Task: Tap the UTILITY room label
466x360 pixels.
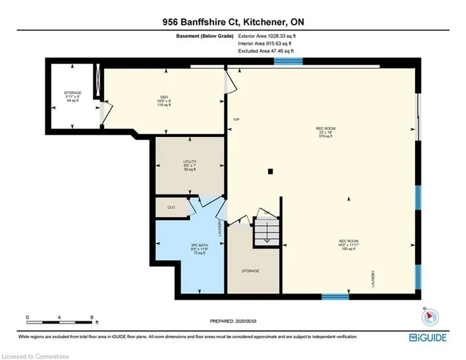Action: coord(189,165)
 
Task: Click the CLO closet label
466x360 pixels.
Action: coord(171,208)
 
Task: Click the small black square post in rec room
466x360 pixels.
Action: coord(269,172)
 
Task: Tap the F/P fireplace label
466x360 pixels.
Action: coord(236,119)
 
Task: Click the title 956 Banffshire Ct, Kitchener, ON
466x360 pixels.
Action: coord(232,22)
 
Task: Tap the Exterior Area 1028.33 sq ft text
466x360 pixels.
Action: coord(269,36)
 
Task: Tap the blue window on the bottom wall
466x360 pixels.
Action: coord(336,296)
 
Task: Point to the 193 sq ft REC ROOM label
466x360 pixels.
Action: coord(347,244)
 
